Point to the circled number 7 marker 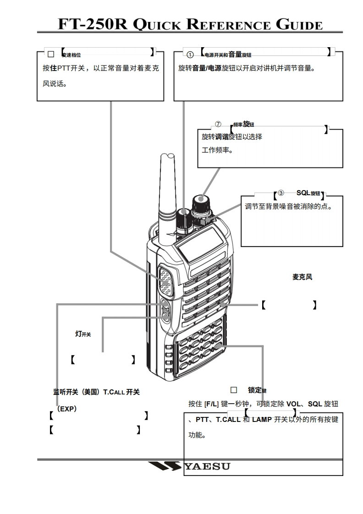pyautogui.click(x=218, y=125)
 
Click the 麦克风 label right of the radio pyautogui.click(x=302, y=277)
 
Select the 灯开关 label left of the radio pyautogui.click(x=82, y=334)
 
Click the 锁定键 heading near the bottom pyautogui.click(x=257, y=390)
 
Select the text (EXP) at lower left pyautogui.click(x=66, y=409)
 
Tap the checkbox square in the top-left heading pyautogui.click(x=51, y=54)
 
